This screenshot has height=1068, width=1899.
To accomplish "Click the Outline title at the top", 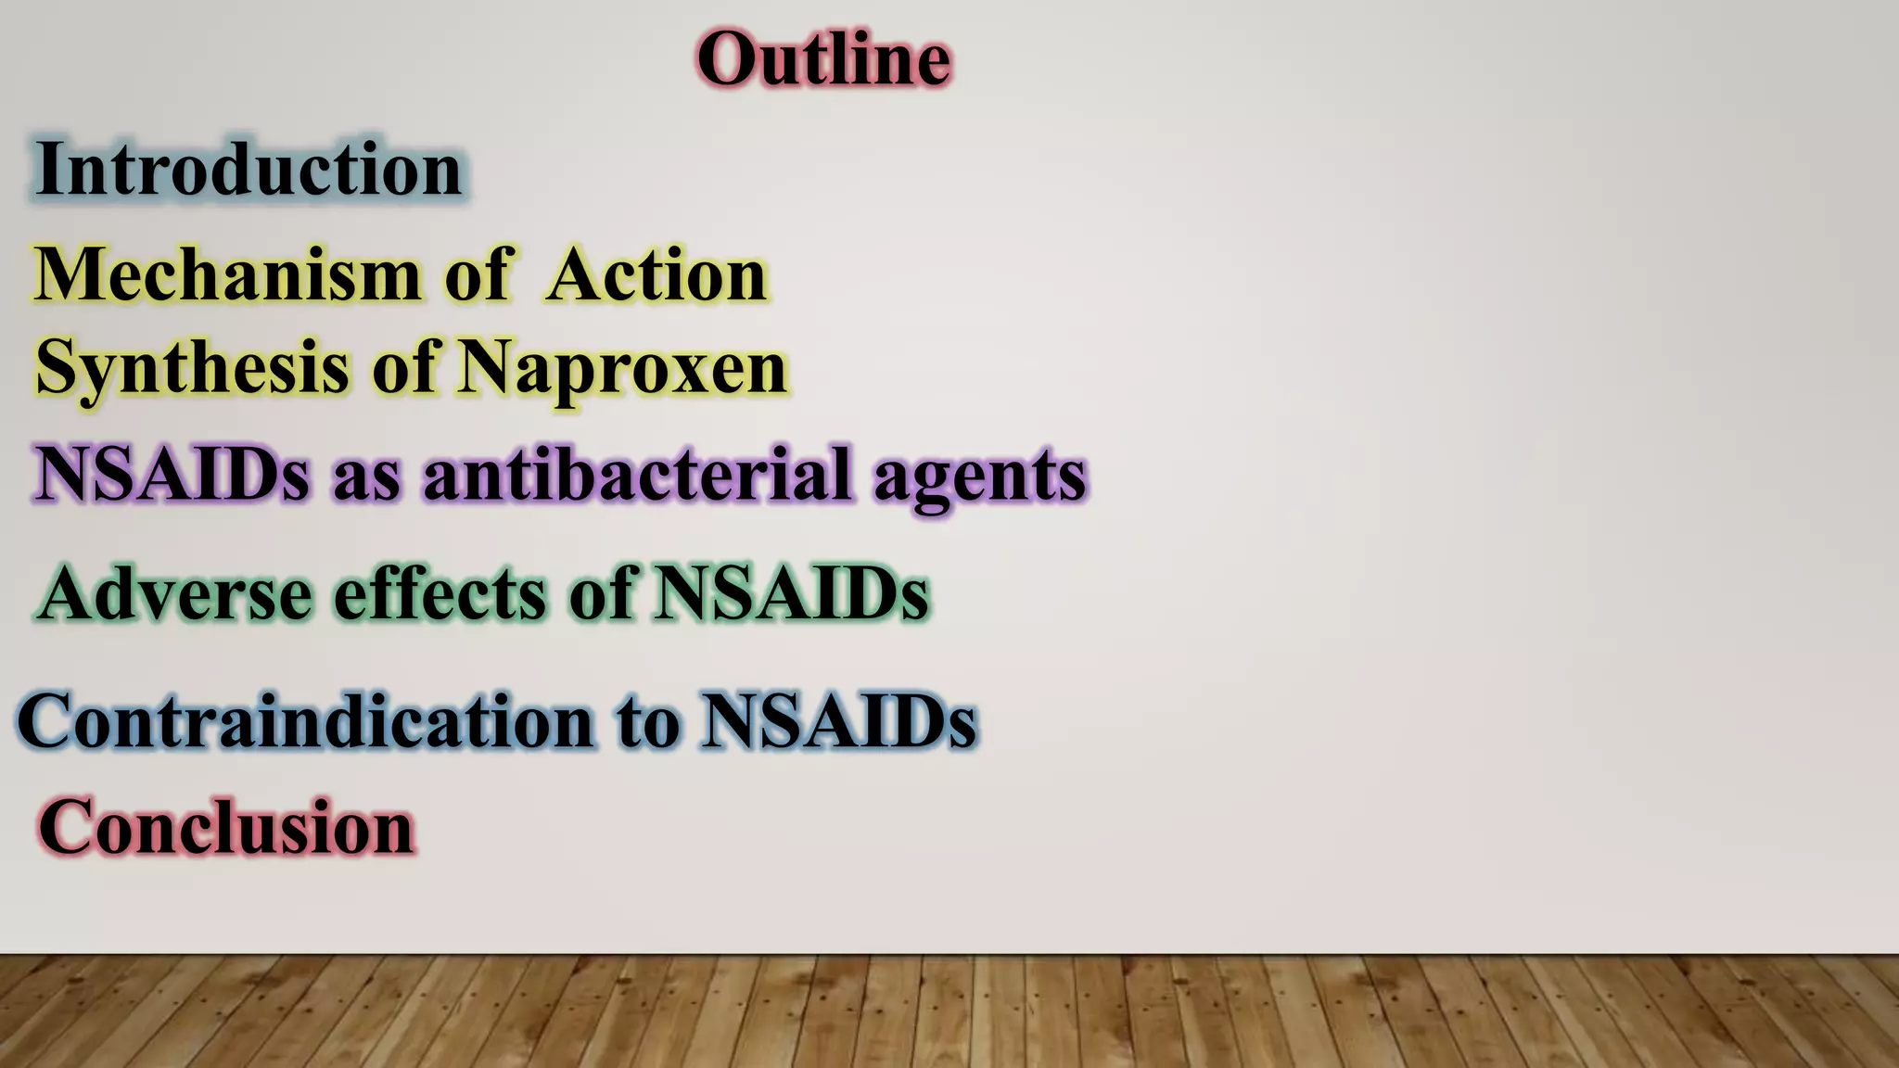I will pos(823,59).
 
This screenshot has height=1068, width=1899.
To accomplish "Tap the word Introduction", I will pos(249,169).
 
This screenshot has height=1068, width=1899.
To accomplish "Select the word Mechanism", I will pos(228,275).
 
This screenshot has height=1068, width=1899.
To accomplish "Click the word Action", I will pos(656,275).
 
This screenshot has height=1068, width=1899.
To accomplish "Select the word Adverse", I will pos(175,593).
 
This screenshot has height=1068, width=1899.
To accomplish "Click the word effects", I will pos(440,593).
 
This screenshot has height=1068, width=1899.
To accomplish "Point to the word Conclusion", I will pos(226,827).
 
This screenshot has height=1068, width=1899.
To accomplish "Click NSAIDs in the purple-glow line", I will pos(172,474).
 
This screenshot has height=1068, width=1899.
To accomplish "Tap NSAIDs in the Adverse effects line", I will pos(791,593).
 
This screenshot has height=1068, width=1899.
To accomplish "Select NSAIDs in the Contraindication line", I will pos(838,720).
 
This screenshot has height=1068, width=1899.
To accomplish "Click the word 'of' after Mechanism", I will pos(478,275).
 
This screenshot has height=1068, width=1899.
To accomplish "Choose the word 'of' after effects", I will pos(601,593).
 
